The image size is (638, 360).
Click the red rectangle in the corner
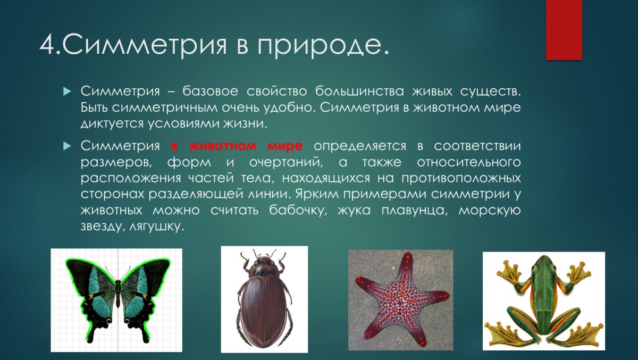point(564,30)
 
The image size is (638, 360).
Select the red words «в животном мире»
point(237,146)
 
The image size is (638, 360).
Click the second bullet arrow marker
point(66,146)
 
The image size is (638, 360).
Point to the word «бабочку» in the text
point(295,210)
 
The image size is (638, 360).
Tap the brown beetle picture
point(264,299)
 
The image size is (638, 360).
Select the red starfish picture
point(400,300)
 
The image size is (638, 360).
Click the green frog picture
point(543,300)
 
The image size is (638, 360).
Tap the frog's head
point(545,264)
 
